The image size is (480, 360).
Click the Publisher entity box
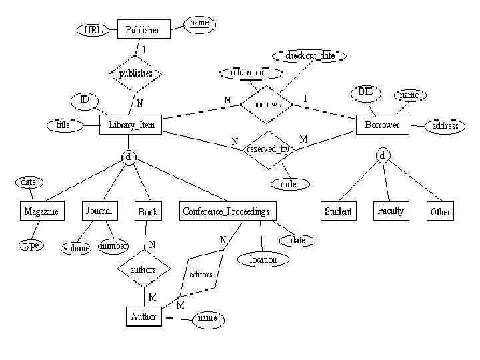(x=143, y=29)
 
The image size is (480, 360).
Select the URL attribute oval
(x=94, y=30)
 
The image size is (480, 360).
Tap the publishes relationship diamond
(x=136, y=73)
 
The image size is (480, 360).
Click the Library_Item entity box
(x=131, y=125)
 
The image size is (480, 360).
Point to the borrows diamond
(x=267, y=105)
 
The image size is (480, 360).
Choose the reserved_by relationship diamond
(x=268, y=149)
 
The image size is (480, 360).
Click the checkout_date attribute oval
(x=310, y=56)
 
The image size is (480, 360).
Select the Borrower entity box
(x=383, y=125)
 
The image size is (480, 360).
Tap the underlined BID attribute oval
(x=365, y=92)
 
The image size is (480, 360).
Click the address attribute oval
(x=445, y=125)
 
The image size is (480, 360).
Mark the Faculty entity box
(x=391, y=211)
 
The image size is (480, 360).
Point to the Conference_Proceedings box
(x=226, y=211)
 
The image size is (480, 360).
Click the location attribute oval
(x=263, y=259)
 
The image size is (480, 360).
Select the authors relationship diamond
(x=143, y=269)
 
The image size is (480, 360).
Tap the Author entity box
(x=144, y=317)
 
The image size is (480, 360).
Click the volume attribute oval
(x=76, y=247)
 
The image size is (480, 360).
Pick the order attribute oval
(x=290, y=184)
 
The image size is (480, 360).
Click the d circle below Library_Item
(x=129, y=157)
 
